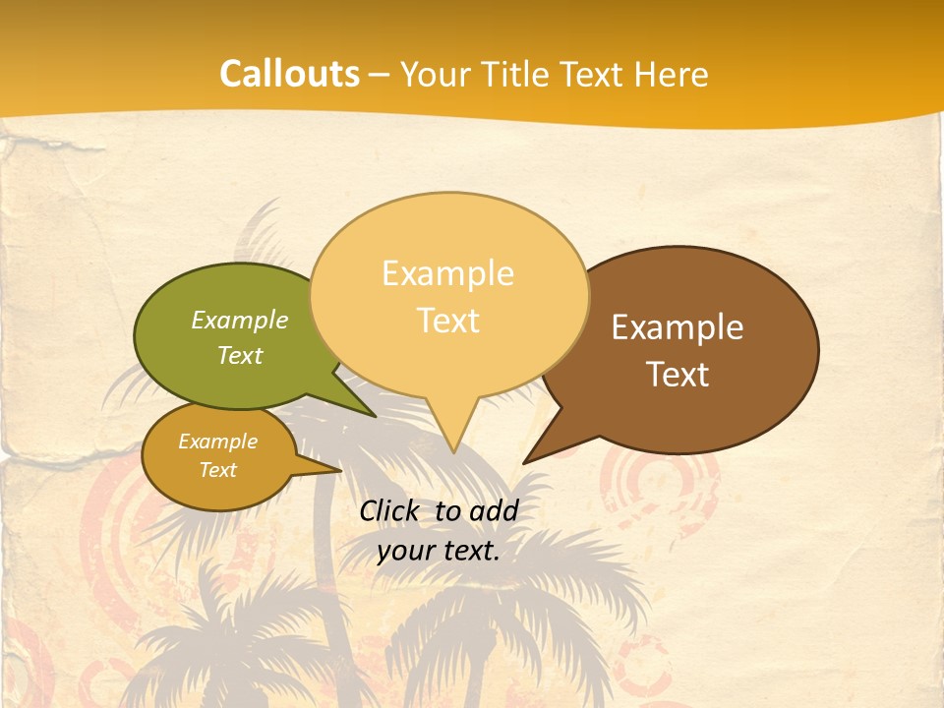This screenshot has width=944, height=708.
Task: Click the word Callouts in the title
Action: click(289, 75)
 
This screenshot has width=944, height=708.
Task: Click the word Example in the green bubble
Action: click(240, 321)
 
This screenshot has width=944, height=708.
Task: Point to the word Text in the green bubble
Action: click(240, 356)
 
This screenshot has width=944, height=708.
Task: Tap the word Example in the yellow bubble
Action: click(447, 273)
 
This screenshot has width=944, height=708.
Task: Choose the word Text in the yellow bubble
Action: click(447, 321)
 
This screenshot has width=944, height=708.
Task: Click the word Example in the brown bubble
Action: click(678, 327)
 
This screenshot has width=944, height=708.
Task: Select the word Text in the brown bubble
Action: click(678, 375)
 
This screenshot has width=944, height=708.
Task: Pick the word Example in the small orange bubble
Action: click(218, 442)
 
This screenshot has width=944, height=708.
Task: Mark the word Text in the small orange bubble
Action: click(218, 470)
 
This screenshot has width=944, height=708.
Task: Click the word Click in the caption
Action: click(390, 510)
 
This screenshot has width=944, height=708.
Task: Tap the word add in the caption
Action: click(493, 510)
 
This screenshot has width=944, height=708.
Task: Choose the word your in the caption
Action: click(406, 551)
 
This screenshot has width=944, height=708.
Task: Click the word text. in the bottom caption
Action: click(471, 551)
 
